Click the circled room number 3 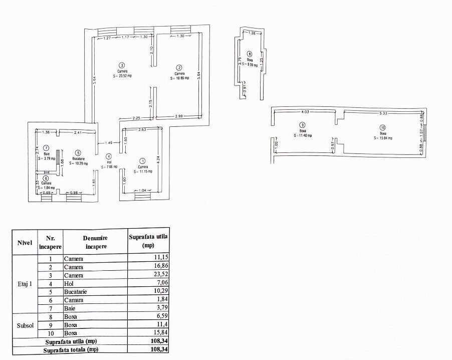[122, 65]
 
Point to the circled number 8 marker [250, 54]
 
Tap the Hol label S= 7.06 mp [109, 166]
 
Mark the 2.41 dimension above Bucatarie [77, 132]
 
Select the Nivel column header [24, 243]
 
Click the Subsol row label [24, 325]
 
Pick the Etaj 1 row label [24, 284]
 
